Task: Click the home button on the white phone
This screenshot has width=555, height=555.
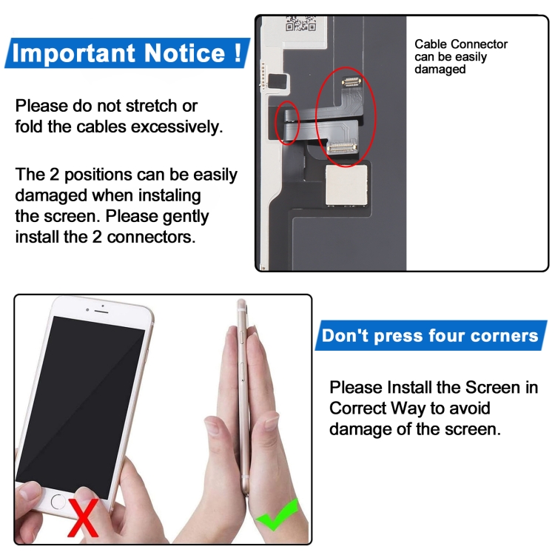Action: click(58, 501)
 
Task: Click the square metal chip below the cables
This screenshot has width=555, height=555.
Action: click(348, 184)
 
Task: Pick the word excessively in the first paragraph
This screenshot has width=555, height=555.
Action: click(177, 127)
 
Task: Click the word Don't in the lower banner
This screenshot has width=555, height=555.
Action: click(345, 336)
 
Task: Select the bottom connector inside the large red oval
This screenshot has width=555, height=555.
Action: click(342, 148)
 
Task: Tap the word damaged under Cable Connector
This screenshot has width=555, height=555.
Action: click(440, 70)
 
